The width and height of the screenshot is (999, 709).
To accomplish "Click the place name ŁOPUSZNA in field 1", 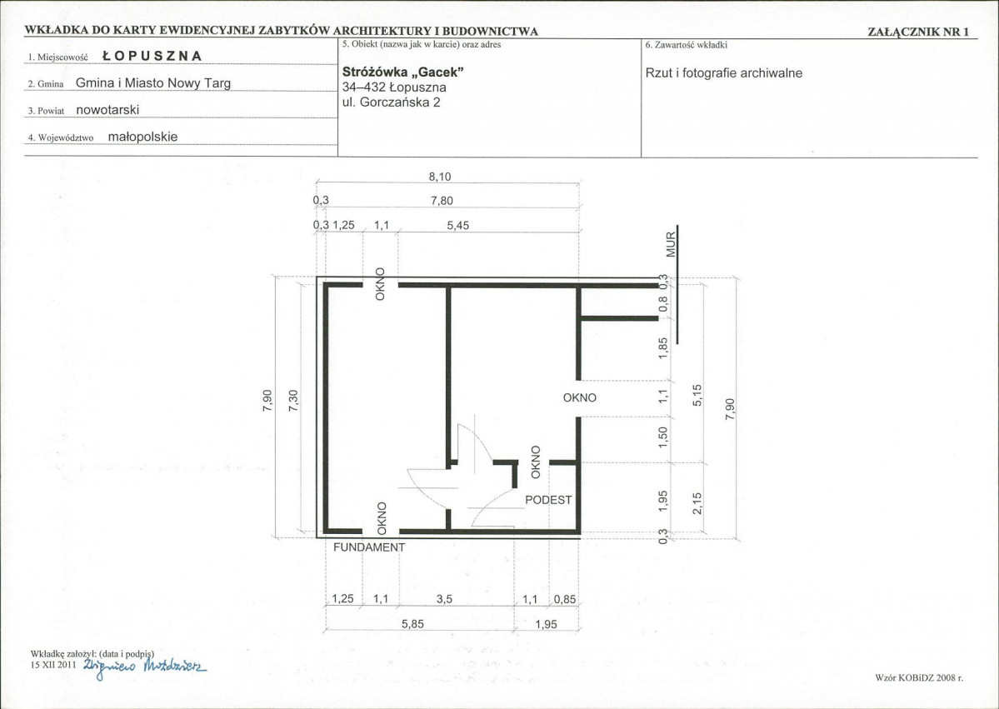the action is click(x=152, y=56).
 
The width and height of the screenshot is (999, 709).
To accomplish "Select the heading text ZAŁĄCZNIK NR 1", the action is click(x=918, y=32).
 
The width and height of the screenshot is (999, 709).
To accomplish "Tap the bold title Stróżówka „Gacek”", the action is click(x=402, y=72).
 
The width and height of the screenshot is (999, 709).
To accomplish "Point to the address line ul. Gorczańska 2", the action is click(x=392, y=102).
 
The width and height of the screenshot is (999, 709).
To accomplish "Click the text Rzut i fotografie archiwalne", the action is click(x=724, y=72).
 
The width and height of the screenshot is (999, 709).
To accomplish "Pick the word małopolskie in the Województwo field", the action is click(x=142, y=137).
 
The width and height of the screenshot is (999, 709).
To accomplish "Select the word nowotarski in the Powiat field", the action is click(x=107, y=110).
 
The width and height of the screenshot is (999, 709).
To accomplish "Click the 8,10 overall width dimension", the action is click(x=440, y=177).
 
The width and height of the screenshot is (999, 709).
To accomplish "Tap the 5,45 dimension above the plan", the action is click(x=458, y=225).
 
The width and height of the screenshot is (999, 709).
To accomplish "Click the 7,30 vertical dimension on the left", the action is click(x=294, y=401).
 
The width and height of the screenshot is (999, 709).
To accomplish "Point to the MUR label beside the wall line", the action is click(x=670, y=246).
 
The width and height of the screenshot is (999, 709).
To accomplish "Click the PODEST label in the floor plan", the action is click(x=548, y=500).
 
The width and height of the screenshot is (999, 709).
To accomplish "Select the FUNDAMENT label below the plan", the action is click(x=369, y=547).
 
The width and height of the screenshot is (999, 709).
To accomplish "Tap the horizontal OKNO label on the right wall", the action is click(x=580, y=397).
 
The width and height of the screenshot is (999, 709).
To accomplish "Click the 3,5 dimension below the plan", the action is click(x=445, y=599).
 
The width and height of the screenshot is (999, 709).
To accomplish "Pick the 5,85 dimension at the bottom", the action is click(x=413, y=624).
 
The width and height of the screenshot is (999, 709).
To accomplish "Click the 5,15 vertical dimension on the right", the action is click(x=697, y=396).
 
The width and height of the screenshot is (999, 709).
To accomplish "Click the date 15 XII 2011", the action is click(x=53, y=664).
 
